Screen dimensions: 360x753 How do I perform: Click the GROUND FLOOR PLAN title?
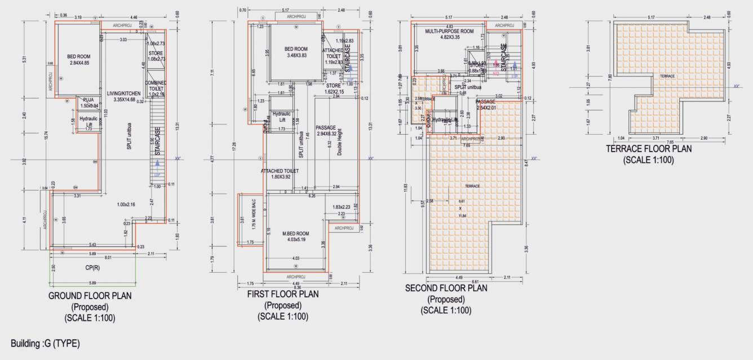90,296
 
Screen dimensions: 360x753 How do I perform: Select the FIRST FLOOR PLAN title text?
283,294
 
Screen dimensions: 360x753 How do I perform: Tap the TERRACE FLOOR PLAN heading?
648,149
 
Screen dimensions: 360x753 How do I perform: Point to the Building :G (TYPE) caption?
45,343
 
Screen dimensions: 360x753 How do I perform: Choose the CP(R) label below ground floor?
93,268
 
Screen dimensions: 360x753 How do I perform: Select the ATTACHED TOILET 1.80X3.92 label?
280,174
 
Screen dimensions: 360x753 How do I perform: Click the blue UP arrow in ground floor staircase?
157,165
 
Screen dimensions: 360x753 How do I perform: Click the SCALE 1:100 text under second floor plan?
446,310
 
